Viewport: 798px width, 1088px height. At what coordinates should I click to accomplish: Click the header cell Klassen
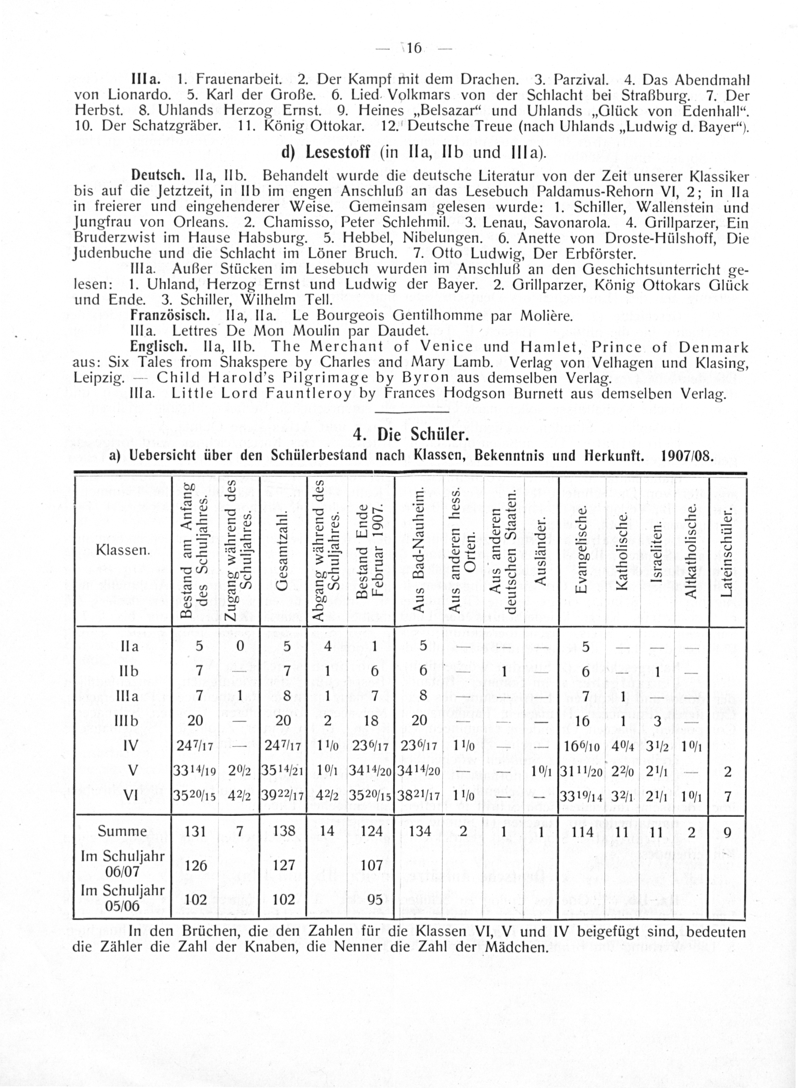(123, 549)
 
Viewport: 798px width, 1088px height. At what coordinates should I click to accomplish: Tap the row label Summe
(122, 831)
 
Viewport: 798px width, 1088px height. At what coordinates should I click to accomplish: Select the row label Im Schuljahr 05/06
(123, 897)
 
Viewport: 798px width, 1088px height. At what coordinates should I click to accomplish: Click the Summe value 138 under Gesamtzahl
(284, 831)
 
